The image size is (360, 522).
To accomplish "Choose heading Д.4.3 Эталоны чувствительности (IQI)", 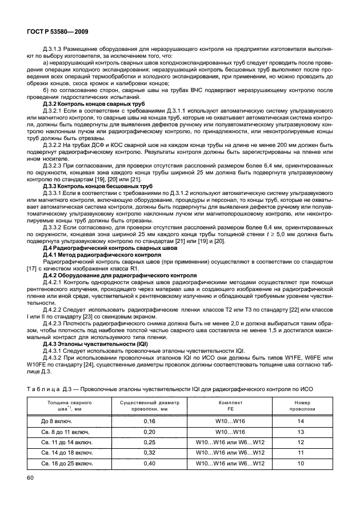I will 91,344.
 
